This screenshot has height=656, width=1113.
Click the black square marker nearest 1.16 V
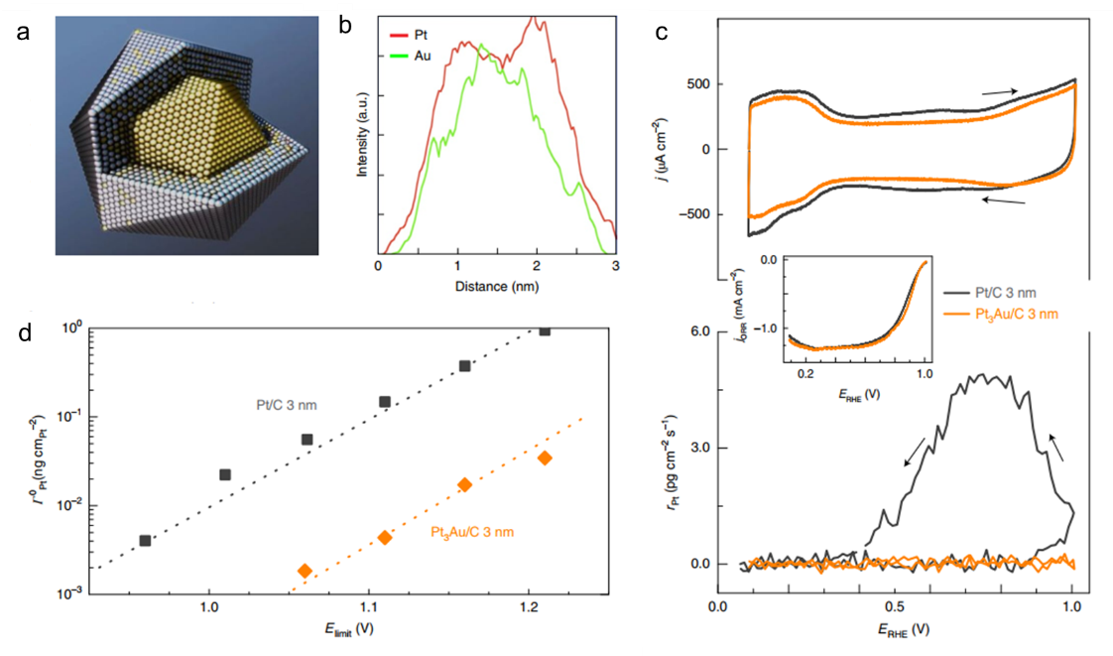464,366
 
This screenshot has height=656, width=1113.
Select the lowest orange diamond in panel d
305,571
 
